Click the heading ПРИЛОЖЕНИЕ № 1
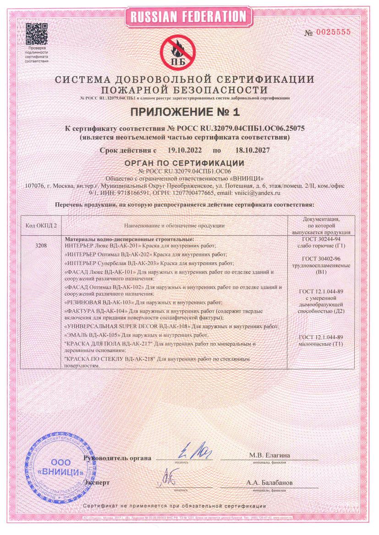(189, 112)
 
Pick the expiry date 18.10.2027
(252, 150)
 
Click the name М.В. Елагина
(269, 455)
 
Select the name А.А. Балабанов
(269, 483)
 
